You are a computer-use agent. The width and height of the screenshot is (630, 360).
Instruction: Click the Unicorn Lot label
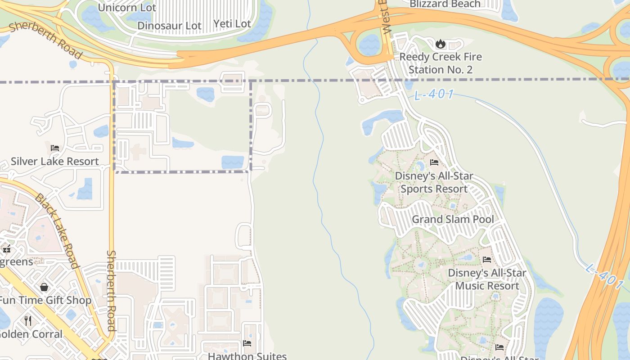tap(127, 8)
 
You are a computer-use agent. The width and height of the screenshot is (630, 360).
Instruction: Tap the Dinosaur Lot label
tap(169, 26)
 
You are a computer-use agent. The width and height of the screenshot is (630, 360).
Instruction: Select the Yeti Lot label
tap(232, 23)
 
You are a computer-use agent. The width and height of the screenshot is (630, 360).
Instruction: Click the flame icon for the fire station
tap(440, 44)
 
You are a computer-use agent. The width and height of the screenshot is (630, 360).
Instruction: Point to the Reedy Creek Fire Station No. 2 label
tap(441, 63)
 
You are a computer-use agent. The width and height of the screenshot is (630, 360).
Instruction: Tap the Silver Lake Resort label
tap(55, 161)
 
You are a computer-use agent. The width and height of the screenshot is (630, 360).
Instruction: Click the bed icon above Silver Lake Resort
tap(55, 148)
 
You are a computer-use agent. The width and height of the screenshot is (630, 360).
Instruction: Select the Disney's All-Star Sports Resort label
tap(434, 182)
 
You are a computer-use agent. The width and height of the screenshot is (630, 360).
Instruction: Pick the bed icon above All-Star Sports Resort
tap(434, 162)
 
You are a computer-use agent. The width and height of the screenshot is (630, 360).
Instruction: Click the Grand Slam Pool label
tap(453, 219)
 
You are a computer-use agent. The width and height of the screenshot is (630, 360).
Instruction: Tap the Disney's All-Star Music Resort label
tap(487, 279)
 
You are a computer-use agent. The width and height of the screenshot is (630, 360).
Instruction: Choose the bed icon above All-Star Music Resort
tap(487, 259)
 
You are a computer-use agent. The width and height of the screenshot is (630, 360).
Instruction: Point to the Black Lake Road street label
tap(58, 231)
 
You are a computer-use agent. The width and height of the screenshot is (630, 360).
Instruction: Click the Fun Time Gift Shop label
tap(45, 300)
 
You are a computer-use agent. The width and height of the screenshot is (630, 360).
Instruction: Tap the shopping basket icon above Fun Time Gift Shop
tap(44, 287)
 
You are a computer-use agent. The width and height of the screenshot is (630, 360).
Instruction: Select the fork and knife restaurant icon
tap(28, 320)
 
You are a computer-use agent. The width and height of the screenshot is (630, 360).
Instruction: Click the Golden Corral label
tap(31, 334)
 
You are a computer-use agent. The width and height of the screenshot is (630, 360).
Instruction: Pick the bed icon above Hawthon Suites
tap(247, 343)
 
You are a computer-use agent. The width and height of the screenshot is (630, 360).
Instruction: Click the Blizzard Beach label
tap(445, 4)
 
